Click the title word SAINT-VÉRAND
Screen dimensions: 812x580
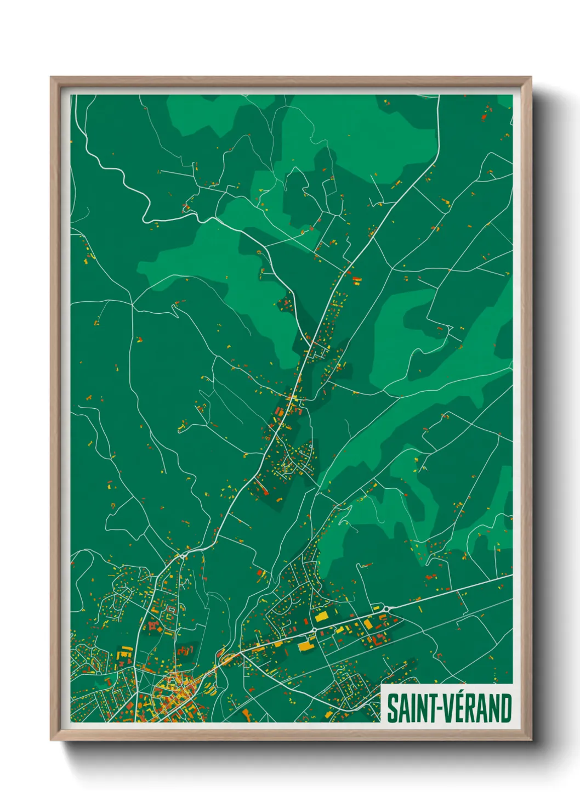tap(449, 708)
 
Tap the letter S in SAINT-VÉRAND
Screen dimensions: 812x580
tap(393, 708)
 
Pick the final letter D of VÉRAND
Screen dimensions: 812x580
tap(505, 708)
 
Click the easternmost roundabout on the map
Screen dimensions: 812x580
tap(386, 608)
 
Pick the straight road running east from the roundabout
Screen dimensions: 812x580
tap(450, 591)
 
